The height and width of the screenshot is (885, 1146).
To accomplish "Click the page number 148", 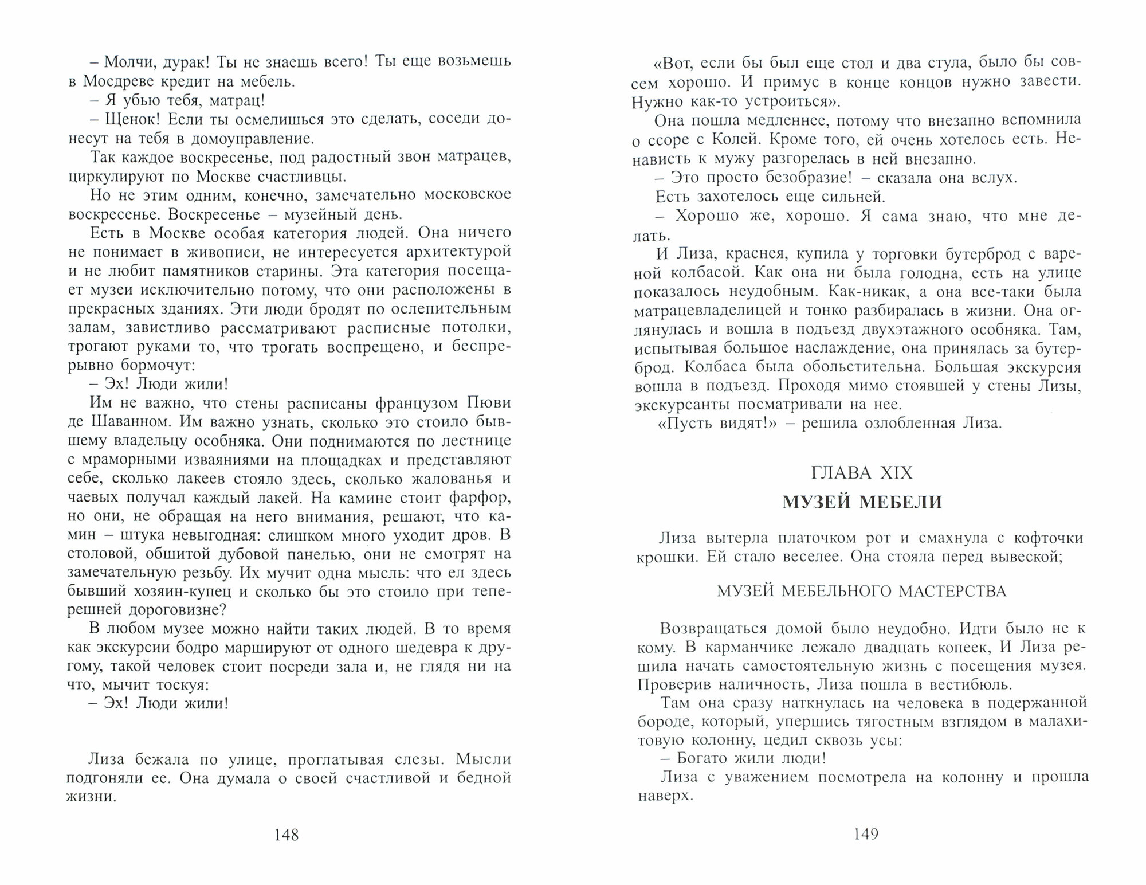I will pyautogui.click(x=286, y=835).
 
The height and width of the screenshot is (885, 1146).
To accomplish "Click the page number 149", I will pyautogui.click(x=866, y=835).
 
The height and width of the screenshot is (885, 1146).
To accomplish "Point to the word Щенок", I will pyautogui.click(x=130, y=120).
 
